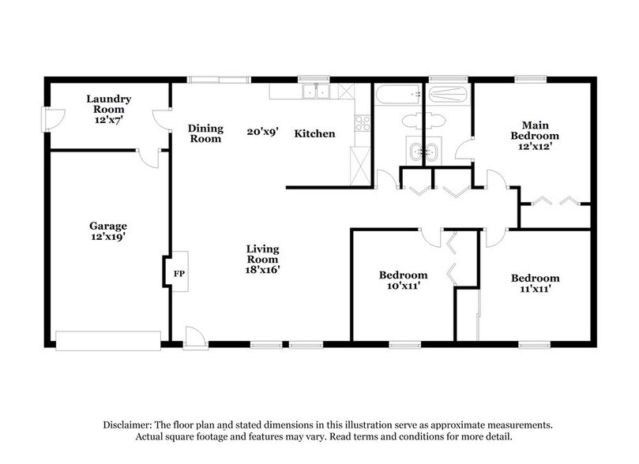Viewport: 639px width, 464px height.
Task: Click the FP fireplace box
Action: click(178, 273)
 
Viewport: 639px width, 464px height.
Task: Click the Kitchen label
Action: click(314, 134)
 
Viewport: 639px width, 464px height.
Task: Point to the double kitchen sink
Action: click(315, 92)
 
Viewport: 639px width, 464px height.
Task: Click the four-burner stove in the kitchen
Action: click(363, 123)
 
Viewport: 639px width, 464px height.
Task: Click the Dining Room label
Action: click(205, 133)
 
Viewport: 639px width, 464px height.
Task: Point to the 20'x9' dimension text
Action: click(261, 133)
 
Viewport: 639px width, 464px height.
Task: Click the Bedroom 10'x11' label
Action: click(403, 280)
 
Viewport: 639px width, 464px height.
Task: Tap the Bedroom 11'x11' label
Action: click(535, 283)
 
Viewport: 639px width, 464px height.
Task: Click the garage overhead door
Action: click(108, 340)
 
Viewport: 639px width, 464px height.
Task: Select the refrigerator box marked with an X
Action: click(359, 168)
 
